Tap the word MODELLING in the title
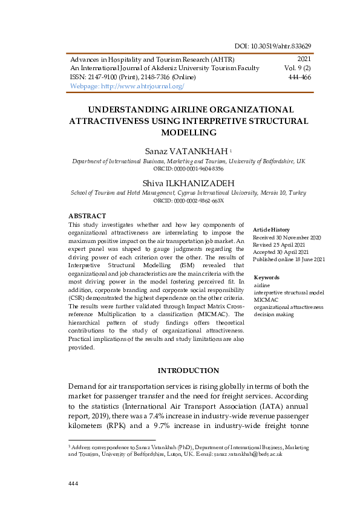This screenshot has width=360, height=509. pyautogui.click(x=189, y=132)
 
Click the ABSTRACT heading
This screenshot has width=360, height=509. pyautogui.click(x=87, y=216)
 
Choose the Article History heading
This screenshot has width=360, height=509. pyautogui.click(x=271, y=230)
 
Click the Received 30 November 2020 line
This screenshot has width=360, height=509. pyautogui.click(x=287, y=238)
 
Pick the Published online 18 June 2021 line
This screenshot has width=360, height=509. pyautogui.click(x=289, y=259)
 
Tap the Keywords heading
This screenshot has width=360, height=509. pyautogui.click(x=267, y=277)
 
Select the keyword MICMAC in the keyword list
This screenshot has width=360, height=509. pyautogui.click(x=265, y=300)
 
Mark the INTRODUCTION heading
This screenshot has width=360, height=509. pyautogui.click(x=188, y=370)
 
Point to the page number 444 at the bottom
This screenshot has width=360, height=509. pyautogui.click(x=74, y=484)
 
